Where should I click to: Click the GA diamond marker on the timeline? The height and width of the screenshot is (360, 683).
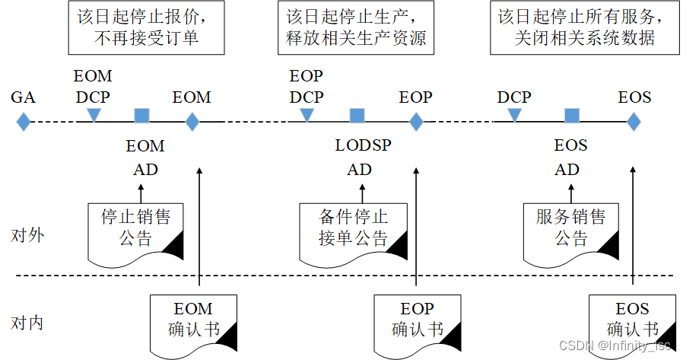point(24,121)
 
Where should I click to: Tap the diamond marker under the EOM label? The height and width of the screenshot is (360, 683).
point(192,121)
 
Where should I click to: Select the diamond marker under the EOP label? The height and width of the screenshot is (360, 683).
point(416,121)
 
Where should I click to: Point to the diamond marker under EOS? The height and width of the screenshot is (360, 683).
point(634,121)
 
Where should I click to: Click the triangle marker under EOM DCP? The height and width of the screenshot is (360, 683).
point(94,115)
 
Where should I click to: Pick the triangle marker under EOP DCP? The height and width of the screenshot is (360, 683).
point(307,115)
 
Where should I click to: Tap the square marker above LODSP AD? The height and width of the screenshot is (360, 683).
point(357,115)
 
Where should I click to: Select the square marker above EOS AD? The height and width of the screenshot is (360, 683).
point(572,115)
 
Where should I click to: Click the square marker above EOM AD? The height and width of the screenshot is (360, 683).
point(141,115)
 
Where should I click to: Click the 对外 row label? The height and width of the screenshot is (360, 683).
point(28,234)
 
